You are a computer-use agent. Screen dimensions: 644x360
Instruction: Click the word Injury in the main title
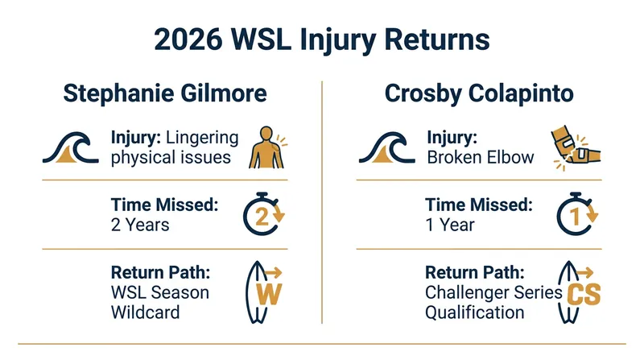pyautogui.click(x=336, y=40)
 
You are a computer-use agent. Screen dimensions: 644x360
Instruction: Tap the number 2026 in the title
pyautogui.click(x=188, y=39)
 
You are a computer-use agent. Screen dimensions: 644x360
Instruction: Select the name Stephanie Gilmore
pyautogui.click(x=165, y=93)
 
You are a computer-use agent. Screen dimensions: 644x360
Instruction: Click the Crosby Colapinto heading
pyautogui.click(x=479, y=93)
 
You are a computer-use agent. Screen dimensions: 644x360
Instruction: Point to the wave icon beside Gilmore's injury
pyautogui.click(x=71, y=147)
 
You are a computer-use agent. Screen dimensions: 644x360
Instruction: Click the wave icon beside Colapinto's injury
pyautogui.click(x=387, y=147)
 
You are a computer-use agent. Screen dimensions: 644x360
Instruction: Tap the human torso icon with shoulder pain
pyautogui.click(x=268, y=147)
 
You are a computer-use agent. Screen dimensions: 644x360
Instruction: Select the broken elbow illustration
pyautogui.click(x=576, y=147)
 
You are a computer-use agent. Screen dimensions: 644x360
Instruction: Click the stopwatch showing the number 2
pyautogui.click(x=264, y=213)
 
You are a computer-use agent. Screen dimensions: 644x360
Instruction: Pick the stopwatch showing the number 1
pyautogui.click(x=577, y=213)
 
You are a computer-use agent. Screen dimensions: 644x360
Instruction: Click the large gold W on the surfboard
pyautogui.click(x=269, y=293)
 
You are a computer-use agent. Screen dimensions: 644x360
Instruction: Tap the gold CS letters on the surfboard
pyautogui.click(x=584, y=294)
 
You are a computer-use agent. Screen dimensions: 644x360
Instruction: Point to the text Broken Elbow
pyautogui.click(x=480, y=157)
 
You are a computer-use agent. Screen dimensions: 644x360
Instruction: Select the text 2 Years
pyautogui.click(x=140, y=225)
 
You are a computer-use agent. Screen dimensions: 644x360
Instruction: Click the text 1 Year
pyautogui.click(x=450, y=225)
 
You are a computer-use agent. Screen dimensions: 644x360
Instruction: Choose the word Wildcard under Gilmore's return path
pyautogui.click(x=146, y=312)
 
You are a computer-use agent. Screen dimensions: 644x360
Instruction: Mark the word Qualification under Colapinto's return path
pyautogui.click(x=475, y=312)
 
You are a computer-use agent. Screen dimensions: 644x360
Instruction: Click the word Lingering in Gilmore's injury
pyautogui.click(x=202, y=138)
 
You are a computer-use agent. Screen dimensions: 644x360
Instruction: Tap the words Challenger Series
pyautogui.click(x=493, y=292)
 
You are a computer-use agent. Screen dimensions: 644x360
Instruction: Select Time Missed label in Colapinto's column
pyautogui.click(x=479, y=205)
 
